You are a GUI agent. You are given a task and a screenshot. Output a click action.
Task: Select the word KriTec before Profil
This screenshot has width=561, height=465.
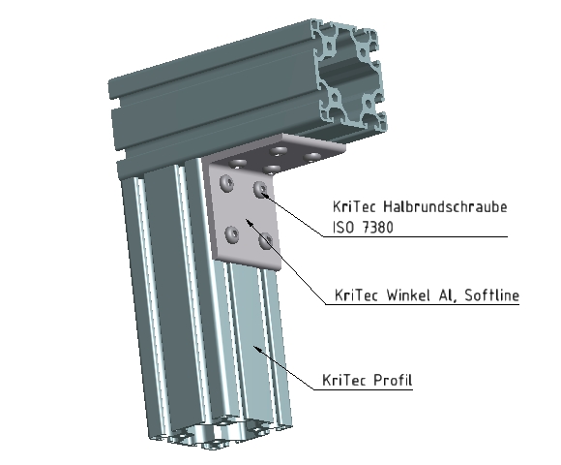[340, 379]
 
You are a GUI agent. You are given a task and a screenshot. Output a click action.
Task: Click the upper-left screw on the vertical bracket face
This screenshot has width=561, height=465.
[226, 182]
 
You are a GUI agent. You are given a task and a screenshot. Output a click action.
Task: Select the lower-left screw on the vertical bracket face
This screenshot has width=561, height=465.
[231, 232]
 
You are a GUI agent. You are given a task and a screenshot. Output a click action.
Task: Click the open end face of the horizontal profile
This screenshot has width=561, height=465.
[346, 74]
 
